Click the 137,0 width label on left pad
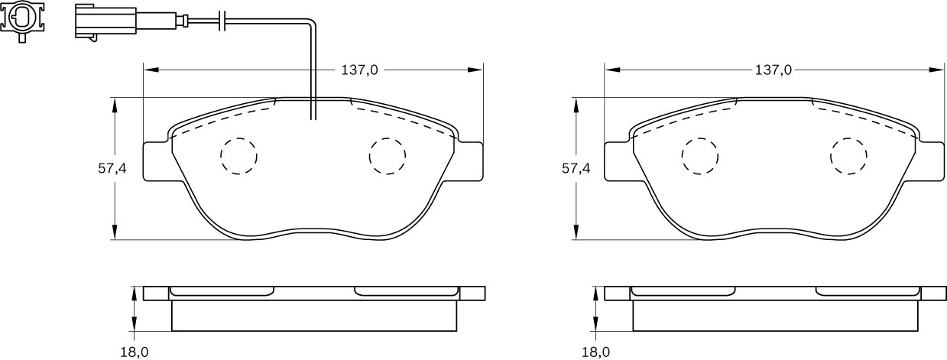click(x=359, y=70)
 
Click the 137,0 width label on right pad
click(x=773, y=70)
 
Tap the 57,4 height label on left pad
click(x=112, y=169)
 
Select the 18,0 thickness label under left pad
click(x=134, y=352)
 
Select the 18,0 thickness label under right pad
click(x=596, y=352)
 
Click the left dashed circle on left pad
click(x=238, y=156)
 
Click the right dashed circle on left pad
click(x=387, y=156)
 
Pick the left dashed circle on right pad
click(x=700, y=156)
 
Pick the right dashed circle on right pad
click(x=848, y=156)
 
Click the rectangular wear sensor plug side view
click(x=105, y=21)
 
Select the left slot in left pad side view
click(x=222, y=291)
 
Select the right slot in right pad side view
click(x=868, y=291)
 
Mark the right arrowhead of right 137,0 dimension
click(x=937, y=70)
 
